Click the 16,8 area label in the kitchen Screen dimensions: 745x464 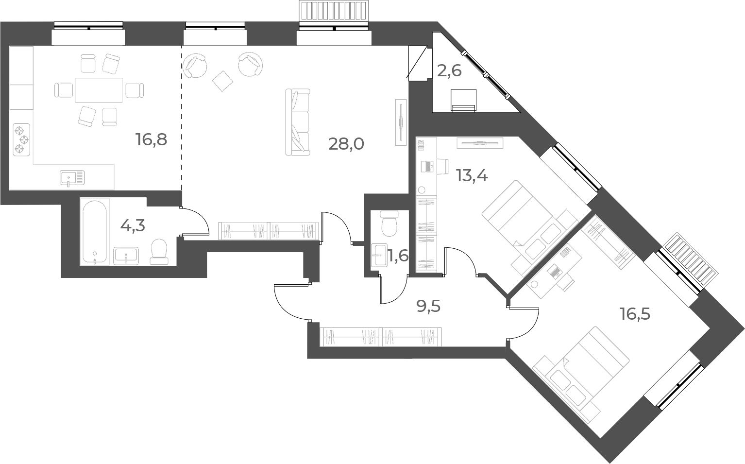152,139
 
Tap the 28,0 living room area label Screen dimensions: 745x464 346,144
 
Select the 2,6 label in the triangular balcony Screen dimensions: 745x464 449,71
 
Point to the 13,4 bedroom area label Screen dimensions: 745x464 472,175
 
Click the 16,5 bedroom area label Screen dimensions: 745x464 635,314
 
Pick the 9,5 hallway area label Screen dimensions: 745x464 428,306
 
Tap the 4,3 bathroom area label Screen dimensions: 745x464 133,226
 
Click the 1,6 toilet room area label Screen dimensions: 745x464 399,256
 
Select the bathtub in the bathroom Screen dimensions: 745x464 95,232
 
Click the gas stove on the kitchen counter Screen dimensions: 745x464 22,140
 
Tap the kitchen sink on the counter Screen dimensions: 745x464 72,178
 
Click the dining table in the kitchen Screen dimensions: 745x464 99,90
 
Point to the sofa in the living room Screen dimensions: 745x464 298,122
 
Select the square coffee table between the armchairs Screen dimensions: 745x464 222,81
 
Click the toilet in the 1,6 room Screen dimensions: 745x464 389,223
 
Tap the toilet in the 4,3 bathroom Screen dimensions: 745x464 159,252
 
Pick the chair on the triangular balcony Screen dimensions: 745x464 463,100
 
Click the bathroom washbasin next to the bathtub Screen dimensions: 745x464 126,256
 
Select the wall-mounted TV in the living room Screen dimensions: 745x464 401,122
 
